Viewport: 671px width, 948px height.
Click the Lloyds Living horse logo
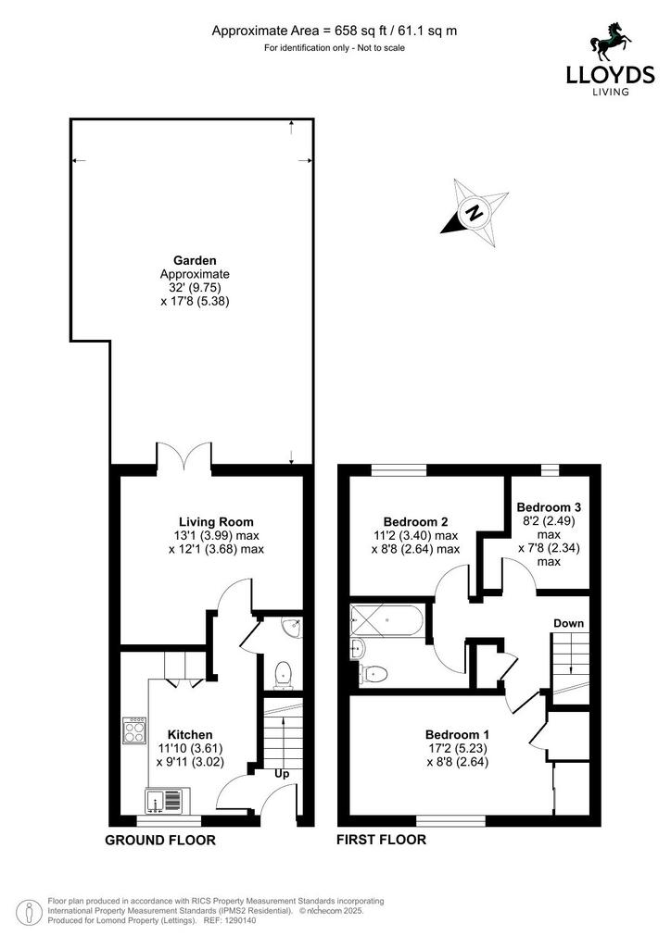point(611,43)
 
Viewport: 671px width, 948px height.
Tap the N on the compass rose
point(475,212)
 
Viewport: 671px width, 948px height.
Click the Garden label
point(195,260)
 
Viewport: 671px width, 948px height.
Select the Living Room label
point(216,522)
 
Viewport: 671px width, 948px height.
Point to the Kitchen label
point(190,734)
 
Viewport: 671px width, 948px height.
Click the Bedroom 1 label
point(458,734)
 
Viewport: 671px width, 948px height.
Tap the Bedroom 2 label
point(416,522)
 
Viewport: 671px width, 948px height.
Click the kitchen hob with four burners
point(134,730)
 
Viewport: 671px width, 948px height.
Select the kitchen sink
point(167,801)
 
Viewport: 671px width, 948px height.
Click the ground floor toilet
point(283,675)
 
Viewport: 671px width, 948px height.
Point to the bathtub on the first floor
point(386,619)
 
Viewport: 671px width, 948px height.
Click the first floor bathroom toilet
point(373,672)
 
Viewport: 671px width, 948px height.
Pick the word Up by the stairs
point(282,774)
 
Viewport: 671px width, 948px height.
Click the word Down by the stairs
point(569,623)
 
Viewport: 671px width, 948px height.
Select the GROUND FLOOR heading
point(160,840)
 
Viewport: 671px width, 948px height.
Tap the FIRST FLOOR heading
point(381,839)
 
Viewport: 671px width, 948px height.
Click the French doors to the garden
point(184,454)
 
